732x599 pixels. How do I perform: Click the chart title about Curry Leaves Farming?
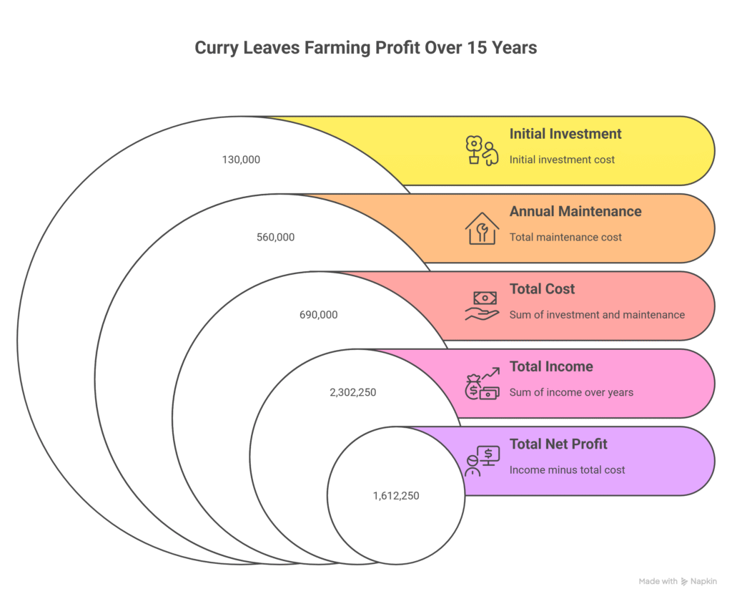point(365,48)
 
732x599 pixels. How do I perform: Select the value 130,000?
point(241,160)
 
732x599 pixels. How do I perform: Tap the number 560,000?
point(275,237)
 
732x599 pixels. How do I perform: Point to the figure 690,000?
point(318,314)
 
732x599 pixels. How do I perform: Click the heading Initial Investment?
point(565,134)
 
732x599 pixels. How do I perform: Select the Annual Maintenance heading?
point(575,211)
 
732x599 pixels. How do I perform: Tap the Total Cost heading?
point(542,289)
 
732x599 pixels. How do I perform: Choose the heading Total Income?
point(551,366)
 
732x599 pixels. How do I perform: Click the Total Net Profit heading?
point(558,444)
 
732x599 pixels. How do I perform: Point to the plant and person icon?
point(481,151)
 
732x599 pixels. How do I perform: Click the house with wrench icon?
point(482,228)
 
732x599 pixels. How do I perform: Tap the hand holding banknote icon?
point(482,306)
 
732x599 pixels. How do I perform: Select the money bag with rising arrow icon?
point(482,384)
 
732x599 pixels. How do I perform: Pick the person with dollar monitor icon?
point(482,461)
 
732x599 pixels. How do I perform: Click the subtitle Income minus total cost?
point(567,470)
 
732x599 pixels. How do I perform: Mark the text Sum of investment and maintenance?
point(597,315)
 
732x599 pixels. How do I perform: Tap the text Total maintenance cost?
point(565,237)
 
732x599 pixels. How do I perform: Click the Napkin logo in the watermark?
point(686,581)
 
